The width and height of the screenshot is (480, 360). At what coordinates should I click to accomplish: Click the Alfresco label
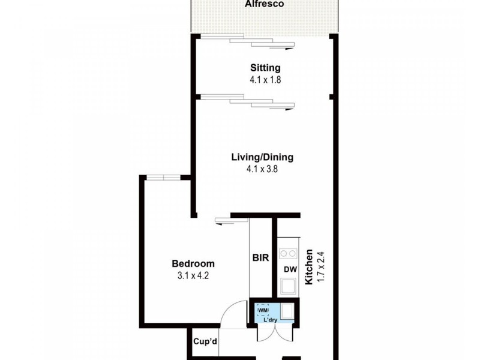coord(265,4)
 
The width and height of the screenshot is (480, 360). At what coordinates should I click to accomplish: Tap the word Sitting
coord(265,68)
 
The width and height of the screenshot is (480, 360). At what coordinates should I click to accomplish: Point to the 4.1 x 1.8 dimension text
coord(265,79)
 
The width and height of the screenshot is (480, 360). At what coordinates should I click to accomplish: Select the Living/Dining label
coord(262,158)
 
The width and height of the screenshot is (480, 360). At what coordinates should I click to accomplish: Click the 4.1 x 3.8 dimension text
coord(262,169)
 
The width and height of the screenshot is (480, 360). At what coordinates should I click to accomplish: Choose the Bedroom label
coord(193,263)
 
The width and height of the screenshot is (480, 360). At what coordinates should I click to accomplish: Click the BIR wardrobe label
coord(261,259)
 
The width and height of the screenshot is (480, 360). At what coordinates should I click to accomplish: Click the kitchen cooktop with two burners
coord(287,253)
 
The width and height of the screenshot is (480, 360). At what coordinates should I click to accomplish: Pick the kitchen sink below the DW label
coord(287,285)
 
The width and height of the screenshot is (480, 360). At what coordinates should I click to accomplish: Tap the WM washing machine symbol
coord(262,310)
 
